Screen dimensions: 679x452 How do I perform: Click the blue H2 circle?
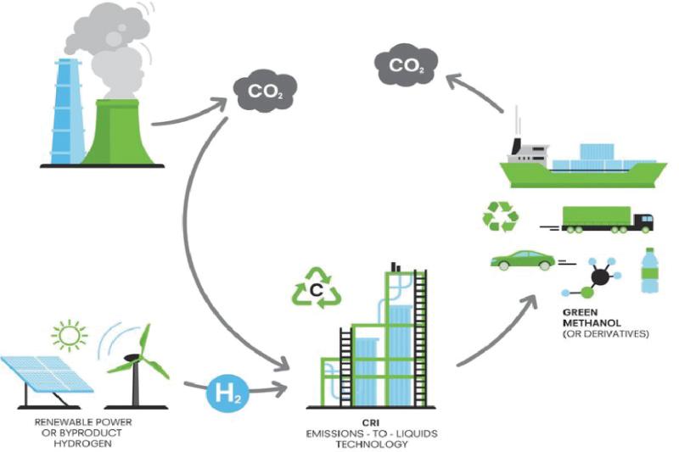(x=227, y=393)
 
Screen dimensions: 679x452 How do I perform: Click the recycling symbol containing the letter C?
(x=317, y=288)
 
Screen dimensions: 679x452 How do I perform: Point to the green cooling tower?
(x=117, y=132)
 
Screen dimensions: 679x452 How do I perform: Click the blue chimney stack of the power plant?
(x=67, y=112)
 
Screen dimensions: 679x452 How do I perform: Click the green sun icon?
(x=70, y=335)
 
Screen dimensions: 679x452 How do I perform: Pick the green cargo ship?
(x=583, y=165)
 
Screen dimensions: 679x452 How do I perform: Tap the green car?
(x=522, y=260)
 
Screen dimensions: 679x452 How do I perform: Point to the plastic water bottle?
(x=649, y=271)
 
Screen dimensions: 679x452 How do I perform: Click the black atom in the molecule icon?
(x=600, y=276)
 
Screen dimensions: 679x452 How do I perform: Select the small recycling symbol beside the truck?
(x=501, y=216)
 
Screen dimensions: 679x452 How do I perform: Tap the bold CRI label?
(x=371, y=423)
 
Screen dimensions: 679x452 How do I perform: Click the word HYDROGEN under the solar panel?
(x=82, y=444)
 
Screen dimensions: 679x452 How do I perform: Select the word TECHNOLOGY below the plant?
(x=372, y=444)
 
